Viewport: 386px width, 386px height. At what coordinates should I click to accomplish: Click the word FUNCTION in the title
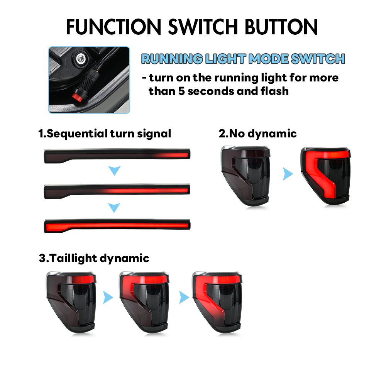click(x=113, y=27)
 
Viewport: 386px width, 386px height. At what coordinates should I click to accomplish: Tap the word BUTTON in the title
click(x=281, y=27)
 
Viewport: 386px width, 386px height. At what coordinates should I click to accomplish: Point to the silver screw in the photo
click(x=81, y=59)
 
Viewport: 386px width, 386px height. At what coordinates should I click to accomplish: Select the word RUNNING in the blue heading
click(x=172, y=59)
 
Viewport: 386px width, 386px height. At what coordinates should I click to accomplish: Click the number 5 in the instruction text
click(x=181, y=91)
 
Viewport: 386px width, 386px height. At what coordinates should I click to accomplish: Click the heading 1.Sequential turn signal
click(x=105, y=134)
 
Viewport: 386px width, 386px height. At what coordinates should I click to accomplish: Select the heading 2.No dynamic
click(x=257, y=134)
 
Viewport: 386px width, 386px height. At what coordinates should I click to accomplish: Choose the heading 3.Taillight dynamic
click(x=94, y=258)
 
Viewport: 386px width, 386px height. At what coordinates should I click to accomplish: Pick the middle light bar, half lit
click(x=117, y=191)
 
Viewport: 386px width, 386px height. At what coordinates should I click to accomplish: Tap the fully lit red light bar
click(x=117, y=226)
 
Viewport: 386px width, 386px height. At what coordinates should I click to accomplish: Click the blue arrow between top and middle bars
click(x=115, y=170)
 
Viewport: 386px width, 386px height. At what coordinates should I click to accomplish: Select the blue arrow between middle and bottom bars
click(x=114, y=208)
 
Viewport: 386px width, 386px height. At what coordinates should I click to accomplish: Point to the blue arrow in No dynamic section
click(x=288, y=174)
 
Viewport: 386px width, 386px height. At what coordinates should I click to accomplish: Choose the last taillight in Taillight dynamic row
click(x=217, y=302)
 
